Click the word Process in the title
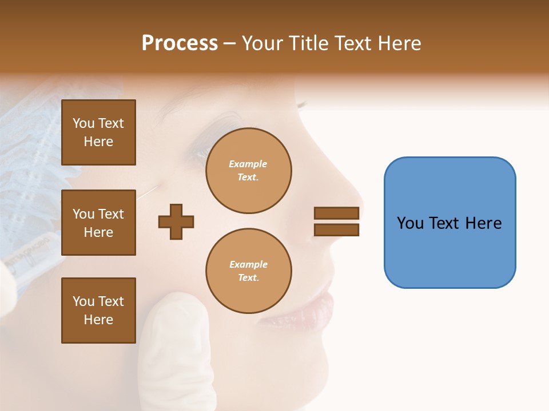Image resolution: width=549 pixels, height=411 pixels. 180,43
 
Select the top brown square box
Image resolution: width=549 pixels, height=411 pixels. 98,132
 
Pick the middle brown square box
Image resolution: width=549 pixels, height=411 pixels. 98,223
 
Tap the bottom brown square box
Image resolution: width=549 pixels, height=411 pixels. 98,311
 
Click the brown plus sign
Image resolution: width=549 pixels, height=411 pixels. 176,221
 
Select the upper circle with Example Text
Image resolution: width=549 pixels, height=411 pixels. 248,171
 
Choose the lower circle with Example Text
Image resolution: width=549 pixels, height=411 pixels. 248,271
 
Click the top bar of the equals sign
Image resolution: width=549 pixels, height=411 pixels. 336,213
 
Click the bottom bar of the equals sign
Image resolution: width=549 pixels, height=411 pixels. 336,230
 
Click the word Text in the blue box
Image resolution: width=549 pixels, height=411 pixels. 446,223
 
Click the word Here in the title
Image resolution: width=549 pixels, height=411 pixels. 398,43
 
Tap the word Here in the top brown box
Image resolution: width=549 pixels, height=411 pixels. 98,142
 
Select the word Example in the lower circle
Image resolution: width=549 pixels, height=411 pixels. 248,264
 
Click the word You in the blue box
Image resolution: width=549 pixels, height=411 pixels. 409,223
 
